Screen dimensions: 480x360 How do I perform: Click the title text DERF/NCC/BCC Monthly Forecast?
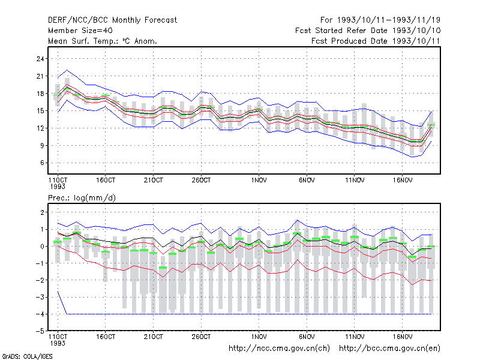[112, 20]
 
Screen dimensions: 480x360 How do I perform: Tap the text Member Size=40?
[80, 31]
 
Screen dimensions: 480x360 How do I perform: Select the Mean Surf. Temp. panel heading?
[103, 41]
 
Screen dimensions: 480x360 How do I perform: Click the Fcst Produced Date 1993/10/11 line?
[376, 41]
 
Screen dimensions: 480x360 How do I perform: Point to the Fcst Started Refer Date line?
[368, 31]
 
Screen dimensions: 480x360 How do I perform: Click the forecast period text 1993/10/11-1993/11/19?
[389, 20]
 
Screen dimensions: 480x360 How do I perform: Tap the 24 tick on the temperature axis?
[40, 59]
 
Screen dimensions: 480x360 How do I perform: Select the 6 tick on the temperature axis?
[42, 163]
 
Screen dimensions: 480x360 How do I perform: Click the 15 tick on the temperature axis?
[40, 111]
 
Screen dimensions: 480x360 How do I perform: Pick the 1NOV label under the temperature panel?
[259, 181]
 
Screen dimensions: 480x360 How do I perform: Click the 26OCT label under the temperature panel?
[201, 181]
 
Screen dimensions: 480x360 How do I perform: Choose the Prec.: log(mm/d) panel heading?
[82, 198]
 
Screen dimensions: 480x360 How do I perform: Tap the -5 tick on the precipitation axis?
[40, 331]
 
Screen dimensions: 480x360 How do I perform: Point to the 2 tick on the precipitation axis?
[42, 212]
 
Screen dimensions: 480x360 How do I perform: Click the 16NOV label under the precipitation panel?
[403, 337]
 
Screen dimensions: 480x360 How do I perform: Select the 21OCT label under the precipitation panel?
[154, 337]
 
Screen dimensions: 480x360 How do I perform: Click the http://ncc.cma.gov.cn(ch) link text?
[279, 349]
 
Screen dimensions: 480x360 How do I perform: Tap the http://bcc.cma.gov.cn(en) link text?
[389, 349]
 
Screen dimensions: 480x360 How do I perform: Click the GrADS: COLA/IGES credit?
[27, 356]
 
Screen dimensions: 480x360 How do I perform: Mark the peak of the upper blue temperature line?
[67, 70]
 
